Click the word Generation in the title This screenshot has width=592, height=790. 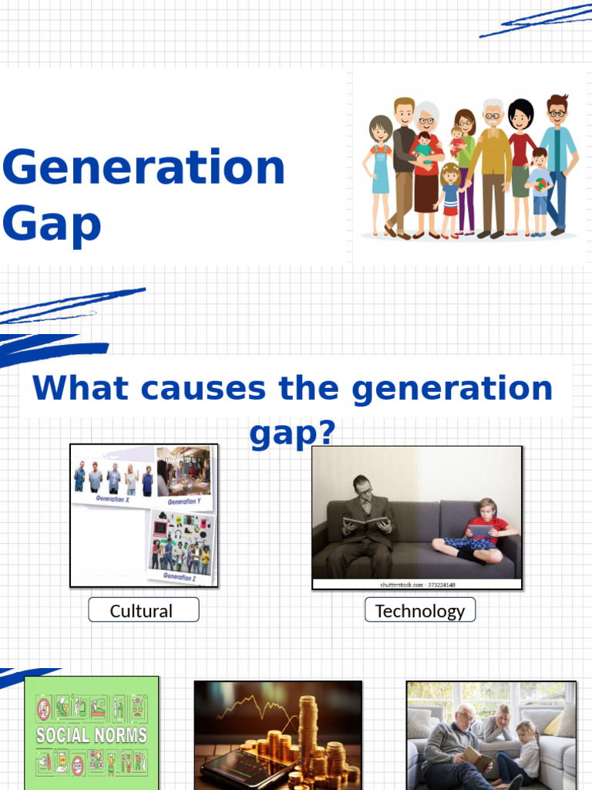(x=143, y=168)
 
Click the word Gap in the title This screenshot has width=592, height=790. (x=52, y=224)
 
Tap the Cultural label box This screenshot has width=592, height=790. (x=143, y=610)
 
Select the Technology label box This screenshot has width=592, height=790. (x=420, y=610)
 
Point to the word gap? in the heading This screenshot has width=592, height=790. (x=293, y=434)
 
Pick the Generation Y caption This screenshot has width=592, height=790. (x=183, y=501)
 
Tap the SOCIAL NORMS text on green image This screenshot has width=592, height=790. (x=91, y=734)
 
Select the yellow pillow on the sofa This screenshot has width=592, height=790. (x=553, y=724)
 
